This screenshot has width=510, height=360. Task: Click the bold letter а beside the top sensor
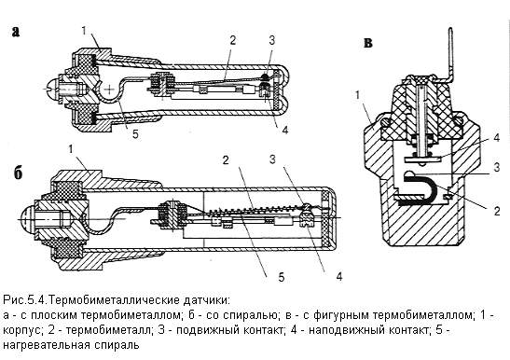[x=16, y=32]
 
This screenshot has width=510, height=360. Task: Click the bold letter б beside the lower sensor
[x=19, y=173]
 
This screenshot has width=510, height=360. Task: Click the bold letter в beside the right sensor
[x=368, y=43]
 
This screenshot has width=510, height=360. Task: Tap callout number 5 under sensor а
[x=135, y=133]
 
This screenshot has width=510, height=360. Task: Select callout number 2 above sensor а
[x=232, y=41]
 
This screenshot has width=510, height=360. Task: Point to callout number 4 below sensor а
[x=285, y=131]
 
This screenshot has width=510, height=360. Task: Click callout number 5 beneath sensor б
[x=282, y=277]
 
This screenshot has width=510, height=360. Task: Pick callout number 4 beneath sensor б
[x=339, y=277]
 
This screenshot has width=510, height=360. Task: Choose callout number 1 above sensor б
[x=71, y=149]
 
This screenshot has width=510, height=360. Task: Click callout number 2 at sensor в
[x=497, y=212]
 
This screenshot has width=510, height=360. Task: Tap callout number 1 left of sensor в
[x=357, y=96]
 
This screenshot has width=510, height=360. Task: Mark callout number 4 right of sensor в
[x=497, y=138]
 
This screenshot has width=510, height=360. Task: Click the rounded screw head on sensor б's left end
[x=27, y=219]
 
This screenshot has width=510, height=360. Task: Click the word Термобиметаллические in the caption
[x=117, y=299]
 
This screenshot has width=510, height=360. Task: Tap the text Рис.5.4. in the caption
[x=26, y=299]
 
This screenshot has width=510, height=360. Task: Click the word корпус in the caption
[x=22, y=331]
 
